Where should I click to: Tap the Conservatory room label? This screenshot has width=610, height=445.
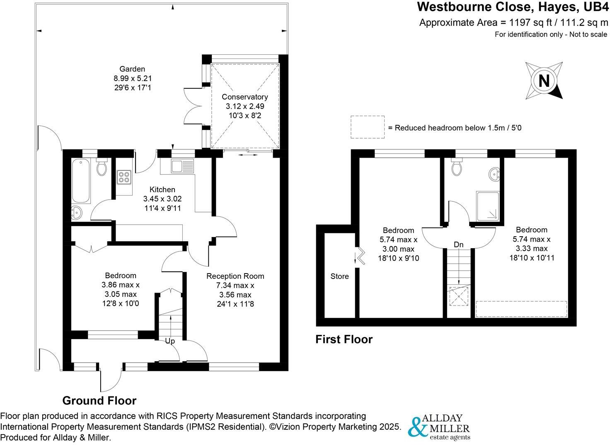(244, 97)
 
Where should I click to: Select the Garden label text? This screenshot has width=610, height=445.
(132, 69)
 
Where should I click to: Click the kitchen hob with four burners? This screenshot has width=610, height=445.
(124, 177)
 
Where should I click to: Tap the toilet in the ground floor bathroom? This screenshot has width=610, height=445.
(102, 167)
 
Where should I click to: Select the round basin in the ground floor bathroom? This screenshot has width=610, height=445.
(77, 213)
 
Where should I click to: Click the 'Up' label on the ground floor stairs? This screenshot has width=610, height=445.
(170, 341)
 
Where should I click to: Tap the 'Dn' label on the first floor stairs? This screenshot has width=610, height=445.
(458, 245)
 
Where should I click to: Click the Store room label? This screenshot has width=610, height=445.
(339, 276)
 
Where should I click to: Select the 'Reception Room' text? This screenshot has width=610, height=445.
(235, 276)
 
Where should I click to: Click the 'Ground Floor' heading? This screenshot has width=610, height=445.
(99, 401)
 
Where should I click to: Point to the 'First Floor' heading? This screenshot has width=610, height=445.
(344, 340)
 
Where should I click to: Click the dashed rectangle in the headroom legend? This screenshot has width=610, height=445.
(367, 127)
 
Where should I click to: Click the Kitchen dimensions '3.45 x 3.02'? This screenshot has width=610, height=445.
(162, 199)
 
